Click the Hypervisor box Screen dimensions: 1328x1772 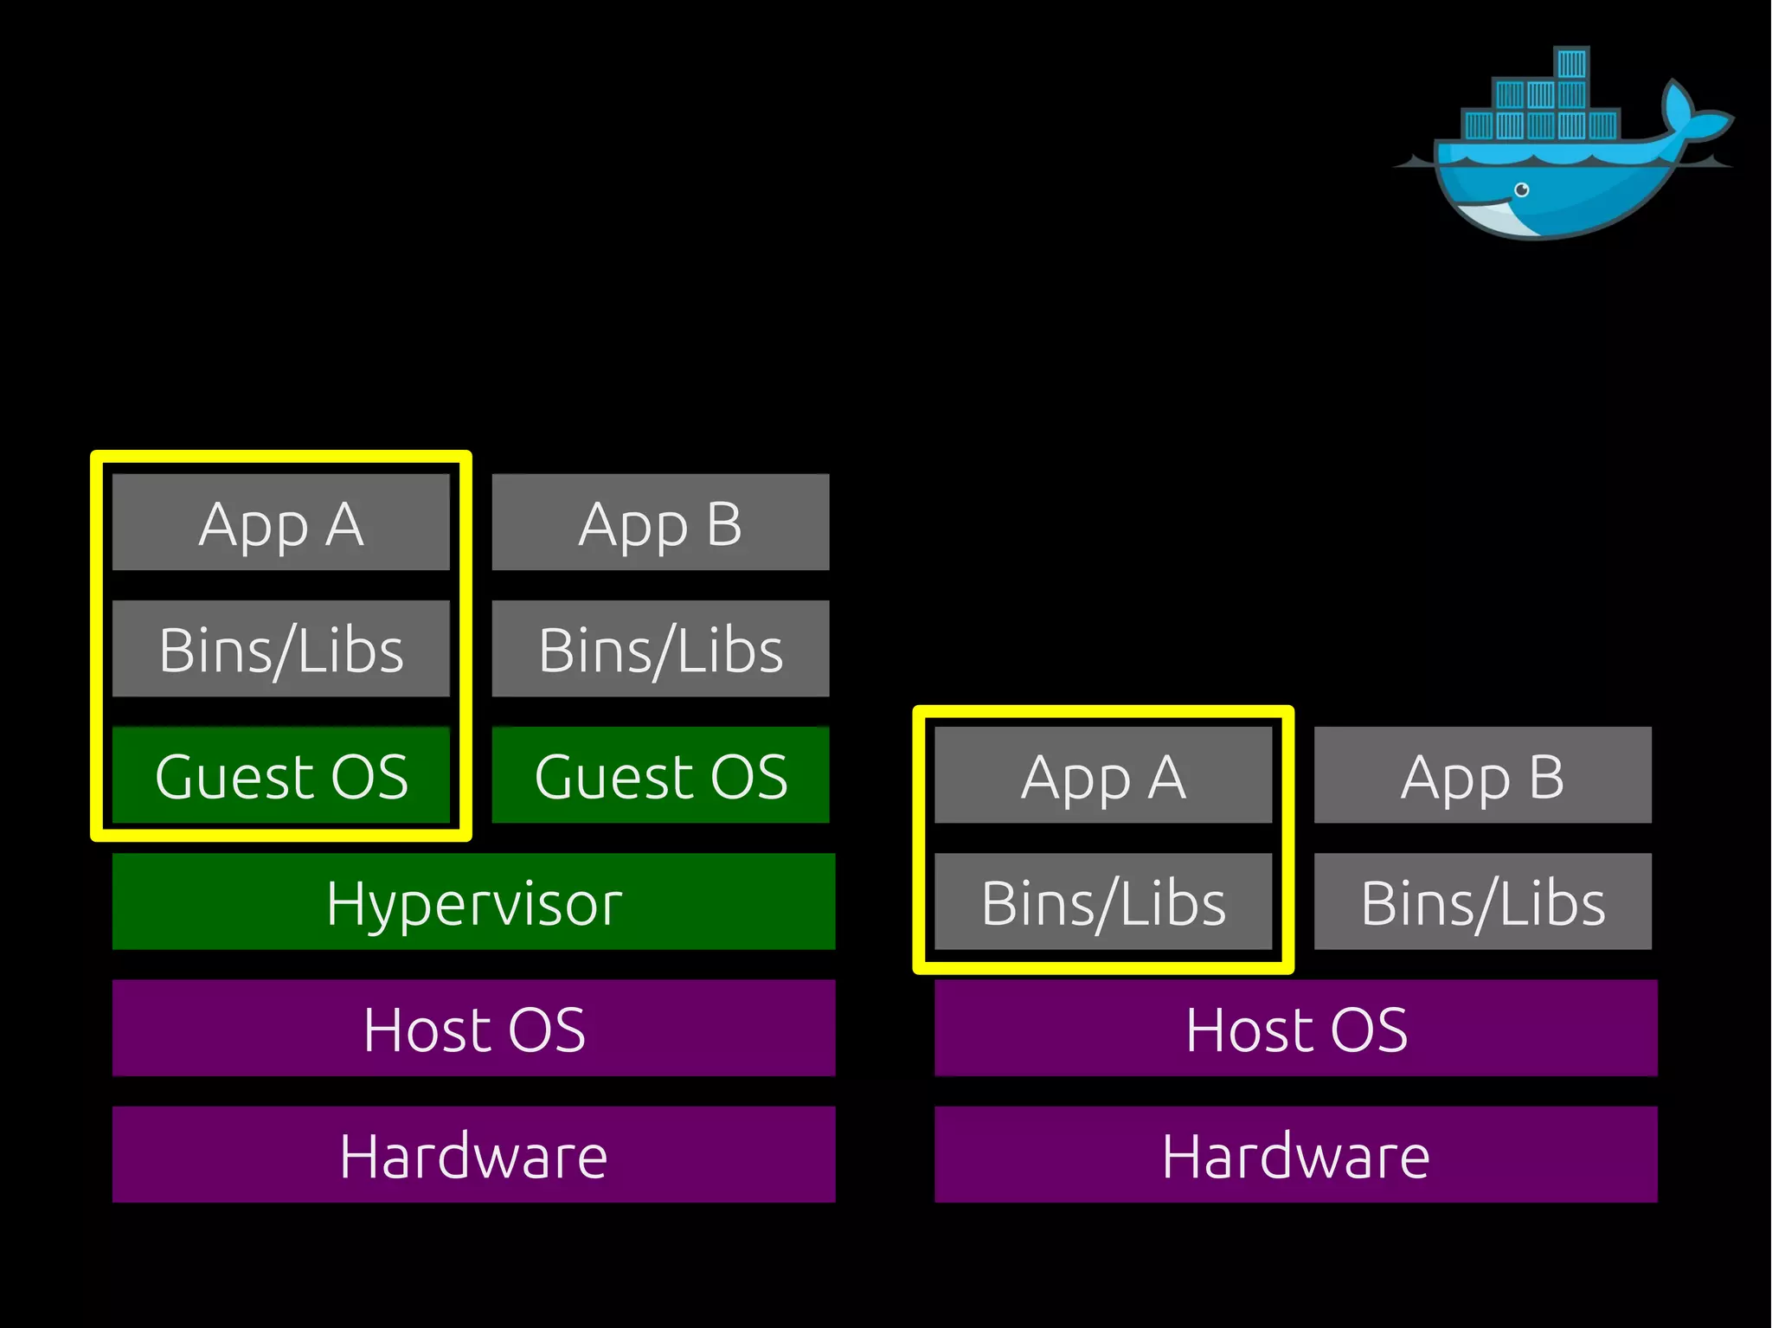pos(473,901)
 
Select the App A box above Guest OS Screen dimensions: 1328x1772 pos(280,522)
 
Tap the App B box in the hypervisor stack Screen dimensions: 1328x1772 pos(660,522)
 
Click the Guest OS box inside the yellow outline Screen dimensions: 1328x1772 pos(280,775)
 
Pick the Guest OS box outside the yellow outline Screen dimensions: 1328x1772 pos(660,775)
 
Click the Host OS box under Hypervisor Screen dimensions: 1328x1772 pos(473,1028)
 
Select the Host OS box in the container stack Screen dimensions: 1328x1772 pos(1295,1028)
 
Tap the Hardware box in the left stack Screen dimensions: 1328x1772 pos(473,1154)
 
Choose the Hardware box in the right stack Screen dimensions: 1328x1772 pos(1295,1154)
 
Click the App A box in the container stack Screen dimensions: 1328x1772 pos(1103,775)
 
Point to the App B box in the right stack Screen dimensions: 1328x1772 pos(1482,775)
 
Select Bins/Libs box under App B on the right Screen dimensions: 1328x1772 pos(1482,901)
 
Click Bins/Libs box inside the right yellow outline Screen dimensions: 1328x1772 pos(1103,901)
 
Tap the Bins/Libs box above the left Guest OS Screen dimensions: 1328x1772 pos(280,649)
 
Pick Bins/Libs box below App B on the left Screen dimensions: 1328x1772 pos(660,649)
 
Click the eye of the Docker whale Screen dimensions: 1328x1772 pos(1521,189)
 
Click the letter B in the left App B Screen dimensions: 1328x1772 pos(724,523)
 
